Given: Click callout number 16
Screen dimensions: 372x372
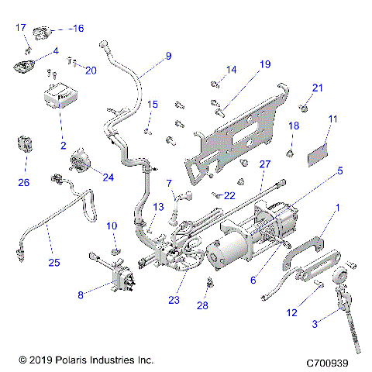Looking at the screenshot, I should pos(77,28).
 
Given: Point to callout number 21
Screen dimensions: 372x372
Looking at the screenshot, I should pos(316,87).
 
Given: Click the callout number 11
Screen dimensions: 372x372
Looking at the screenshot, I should pos(332,119).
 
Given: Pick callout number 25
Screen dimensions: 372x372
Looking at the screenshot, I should pos(53,263).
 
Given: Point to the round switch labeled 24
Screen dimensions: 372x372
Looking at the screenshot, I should pos(81,162).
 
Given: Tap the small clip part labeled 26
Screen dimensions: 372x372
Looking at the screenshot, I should pos(25,146).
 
